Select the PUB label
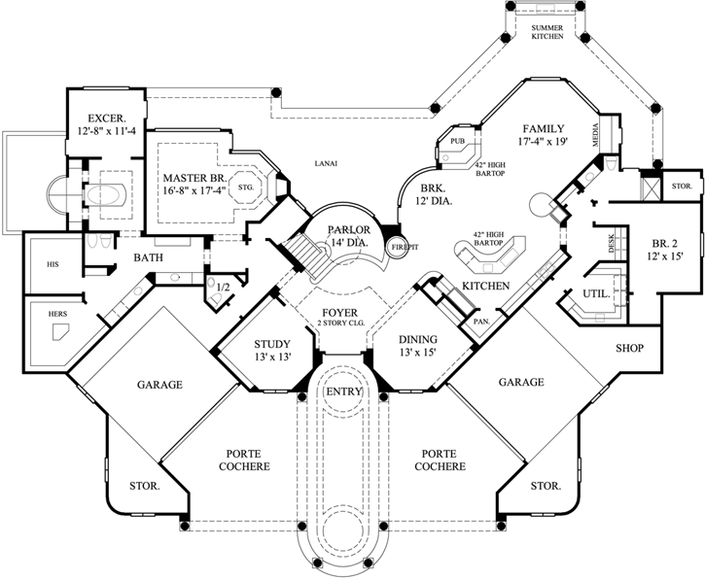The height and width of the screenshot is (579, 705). [458, 142]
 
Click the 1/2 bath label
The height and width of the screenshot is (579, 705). [222, 287]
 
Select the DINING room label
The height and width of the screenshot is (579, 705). [418, 339]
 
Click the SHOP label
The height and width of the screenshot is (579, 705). [631, 347]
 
